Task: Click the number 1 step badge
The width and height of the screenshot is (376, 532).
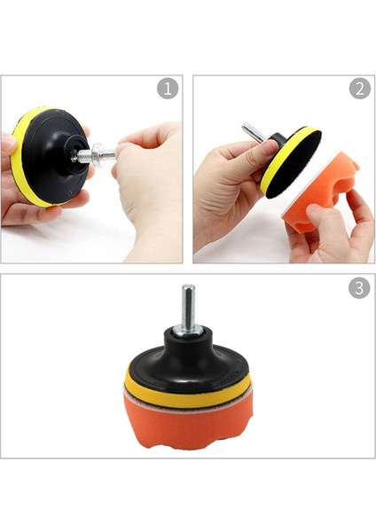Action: tap(168, 90)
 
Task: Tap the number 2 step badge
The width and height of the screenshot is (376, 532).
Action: tap(359, 90)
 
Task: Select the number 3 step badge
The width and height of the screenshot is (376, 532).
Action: tap(359, 288)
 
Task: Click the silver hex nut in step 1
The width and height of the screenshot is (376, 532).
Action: tap(103, 156)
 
